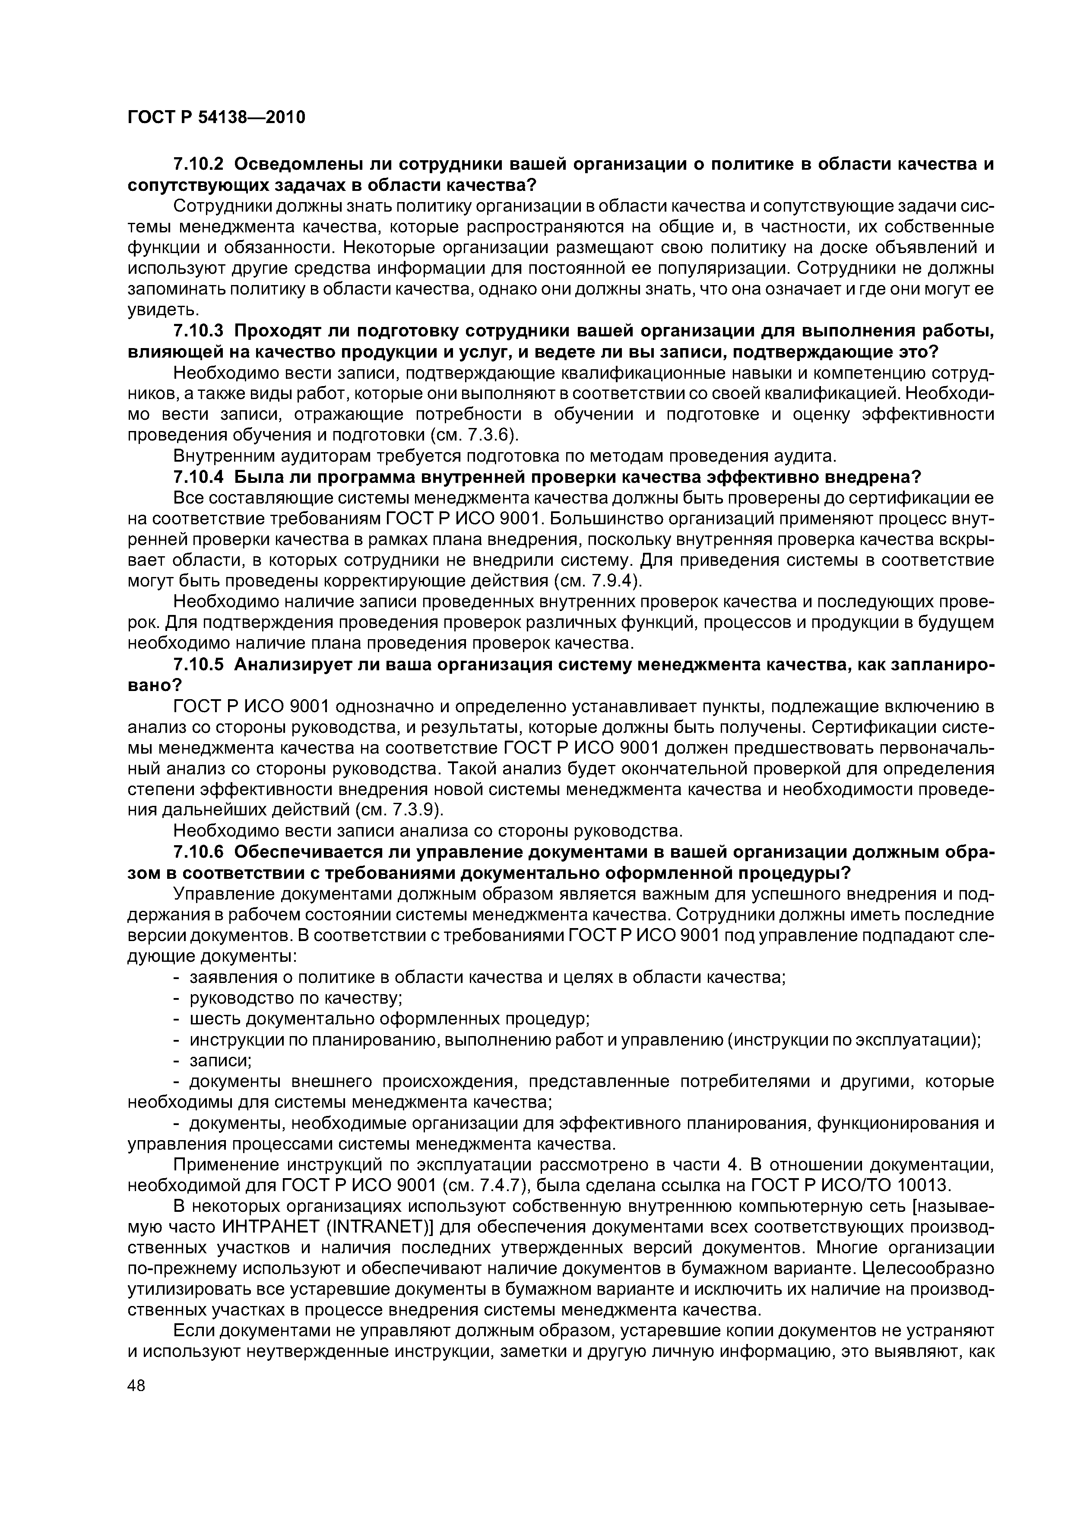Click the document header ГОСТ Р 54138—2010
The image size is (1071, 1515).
[x=216, y=118]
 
